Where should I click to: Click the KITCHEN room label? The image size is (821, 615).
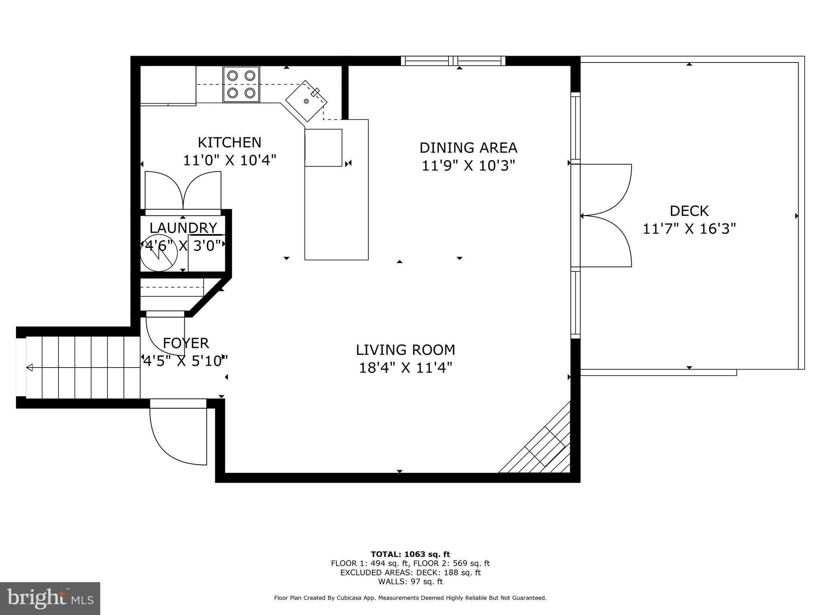pyautogui.click(x=229, y=143)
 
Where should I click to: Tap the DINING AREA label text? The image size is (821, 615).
pyautogui.click(x=468, y=148)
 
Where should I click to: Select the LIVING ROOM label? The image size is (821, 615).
pyautogui.click(x=405, y=350)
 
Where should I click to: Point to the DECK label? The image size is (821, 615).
pyautogui.click(x=689, y=211)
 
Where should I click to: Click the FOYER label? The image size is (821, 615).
pyautogui.click(x=186, y=343)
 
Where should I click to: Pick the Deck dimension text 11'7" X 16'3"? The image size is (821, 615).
pyautogui.click(x=689, y=229)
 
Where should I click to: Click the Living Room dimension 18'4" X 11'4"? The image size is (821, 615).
pyautogui.click(x=405, y=368)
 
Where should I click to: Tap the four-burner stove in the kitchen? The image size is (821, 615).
pyautogui.click(x=241, y=84)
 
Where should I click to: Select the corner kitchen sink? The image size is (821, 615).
pyautogui.click(x=306, y=100)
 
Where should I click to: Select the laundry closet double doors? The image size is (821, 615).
pyautogui.click(x=183, y=191)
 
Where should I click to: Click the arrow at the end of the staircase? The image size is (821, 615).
pyautogui.click(x=30, y=368)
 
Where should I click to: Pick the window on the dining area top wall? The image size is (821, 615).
pyautogui.click(x=453, y=61)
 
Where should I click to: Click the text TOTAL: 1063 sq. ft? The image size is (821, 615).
pyautogui.click(x=410, y=554)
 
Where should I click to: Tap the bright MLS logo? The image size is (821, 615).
pyautogui.click(x=50, y=598)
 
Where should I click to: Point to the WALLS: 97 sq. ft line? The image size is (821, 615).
pyautogui.click(x=410, y=581)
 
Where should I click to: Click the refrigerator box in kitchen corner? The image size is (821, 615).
pyautogui.click(x=168, y=85)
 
